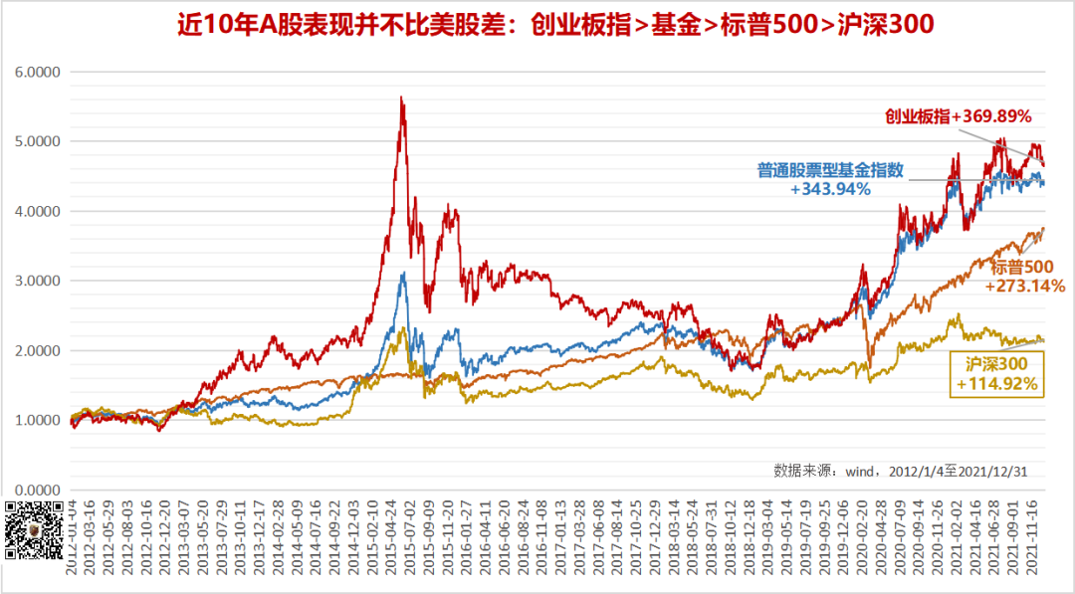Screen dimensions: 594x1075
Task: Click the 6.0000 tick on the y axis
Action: (x=38, y=73)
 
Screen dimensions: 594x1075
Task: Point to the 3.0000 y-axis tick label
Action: (x=38, y=282)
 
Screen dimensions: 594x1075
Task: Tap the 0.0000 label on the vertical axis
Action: (x=38, y=491)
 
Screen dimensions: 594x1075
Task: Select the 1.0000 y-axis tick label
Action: (x=38, y=421)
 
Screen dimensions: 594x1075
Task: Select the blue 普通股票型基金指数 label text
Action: (x=830, y=170)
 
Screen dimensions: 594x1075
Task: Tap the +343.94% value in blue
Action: (x=830, y=188)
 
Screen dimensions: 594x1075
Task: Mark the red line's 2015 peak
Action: (x=400, y=98)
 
